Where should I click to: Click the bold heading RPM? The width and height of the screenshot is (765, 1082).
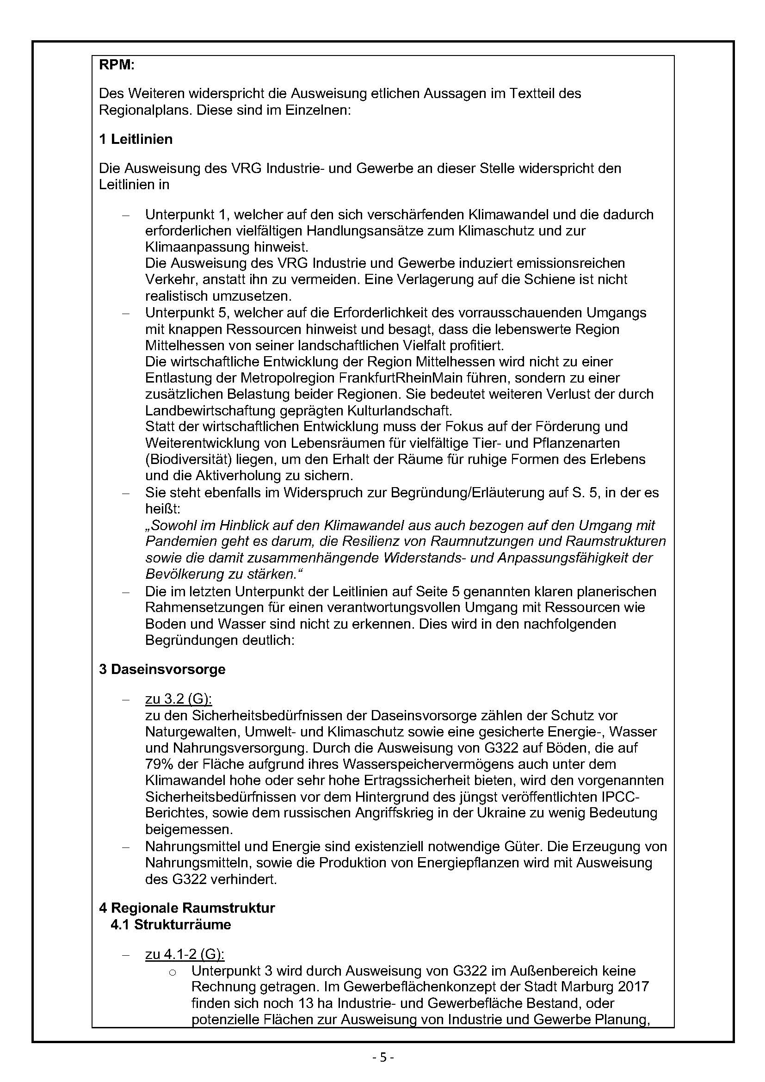[117, 65]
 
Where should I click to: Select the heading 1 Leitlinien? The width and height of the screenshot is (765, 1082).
[136, 140]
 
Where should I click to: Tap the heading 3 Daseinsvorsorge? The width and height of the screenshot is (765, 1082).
[162, 670]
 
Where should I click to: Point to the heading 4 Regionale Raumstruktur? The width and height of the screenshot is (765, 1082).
[187, 908]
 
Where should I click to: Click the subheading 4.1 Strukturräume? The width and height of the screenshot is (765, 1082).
[171, 925]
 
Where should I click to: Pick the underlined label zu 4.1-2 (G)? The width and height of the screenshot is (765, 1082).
[185, 955]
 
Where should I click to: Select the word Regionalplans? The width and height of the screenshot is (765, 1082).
[144, 110]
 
